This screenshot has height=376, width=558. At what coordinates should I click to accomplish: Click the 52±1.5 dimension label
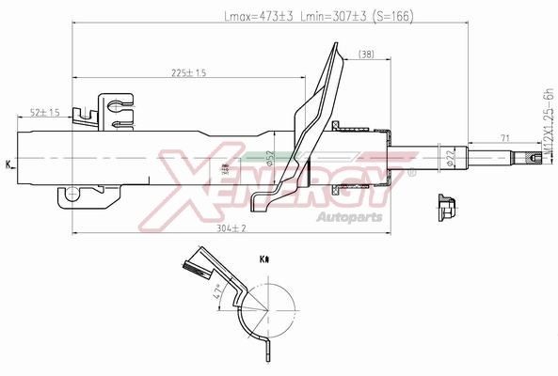pyautogui.click(x=44, y=112)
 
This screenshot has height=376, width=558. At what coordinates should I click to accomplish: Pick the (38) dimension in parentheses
pyautogui.click(x=365, y=55)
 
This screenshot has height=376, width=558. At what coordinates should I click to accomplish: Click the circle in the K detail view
pyautogui.click(x=271, y=310)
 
